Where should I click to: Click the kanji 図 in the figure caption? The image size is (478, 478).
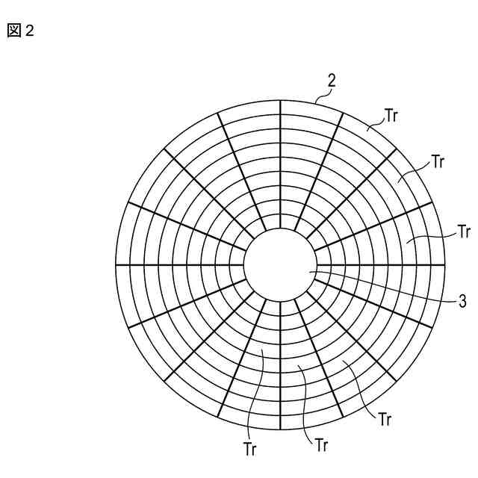coord(14,31)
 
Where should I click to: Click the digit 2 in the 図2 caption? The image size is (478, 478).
coord(29,31)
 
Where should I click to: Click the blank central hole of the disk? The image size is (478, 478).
coord(280,264)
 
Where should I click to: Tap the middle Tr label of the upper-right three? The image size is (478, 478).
coord(438,162)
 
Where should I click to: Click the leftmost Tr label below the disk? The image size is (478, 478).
coord(252,449)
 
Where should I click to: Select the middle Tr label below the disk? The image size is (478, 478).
coord(321,446)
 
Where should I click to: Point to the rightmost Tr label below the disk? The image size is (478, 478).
coord(385,419)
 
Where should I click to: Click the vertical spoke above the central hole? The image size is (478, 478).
coord(280,164)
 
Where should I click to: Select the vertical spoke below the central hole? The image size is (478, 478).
coord(280,366)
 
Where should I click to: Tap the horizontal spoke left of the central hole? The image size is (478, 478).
coord(179,264)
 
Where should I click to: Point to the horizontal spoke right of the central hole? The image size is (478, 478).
coord(381,264)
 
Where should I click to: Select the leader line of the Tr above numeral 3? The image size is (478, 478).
coord(433,238)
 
